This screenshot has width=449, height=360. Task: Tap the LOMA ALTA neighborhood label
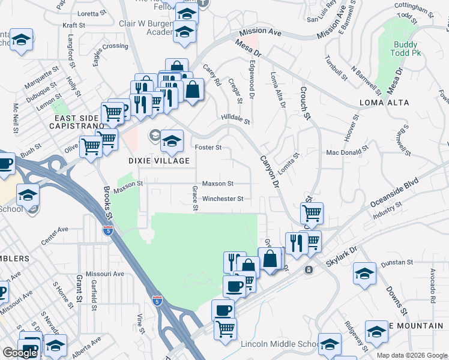(x=384, y=103)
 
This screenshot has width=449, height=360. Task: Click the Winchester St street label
(x=222, y=199)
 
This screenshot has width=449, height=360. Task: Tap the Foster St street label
(x=209, y=147)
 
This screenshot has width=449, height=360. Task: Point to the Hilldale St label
(x=235, y=118)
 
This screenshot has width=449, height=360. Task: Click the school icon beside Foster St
(x=172, y=141)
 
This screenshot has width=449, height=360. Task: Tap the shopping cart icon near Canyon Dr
(x=312, y=213)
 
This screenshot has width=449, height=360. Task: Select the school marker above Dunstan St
(x=364, y=274)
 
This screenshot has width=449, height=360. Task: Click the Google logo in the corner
(x=19, y=353)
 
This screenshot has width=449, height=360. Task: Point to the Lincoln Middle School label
(x=280, y=344)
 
